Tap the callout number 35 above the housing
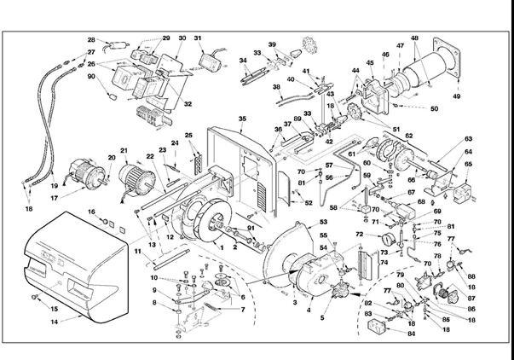[x=242, y=119]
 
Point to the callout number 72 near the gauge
[x=359, y=234]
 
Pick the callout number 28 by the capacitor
[x=92, y=39]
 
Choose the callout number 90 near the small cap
[x=92, y=77]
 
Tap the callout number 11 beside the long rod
[x=136, y=253]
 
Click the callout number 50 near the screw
[x=434, y=108]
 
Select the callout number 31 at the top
[x=198, y=38]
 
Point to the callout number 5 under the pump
[x=322, y=317]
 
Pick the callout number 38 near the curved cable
[x=276, y=87]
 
